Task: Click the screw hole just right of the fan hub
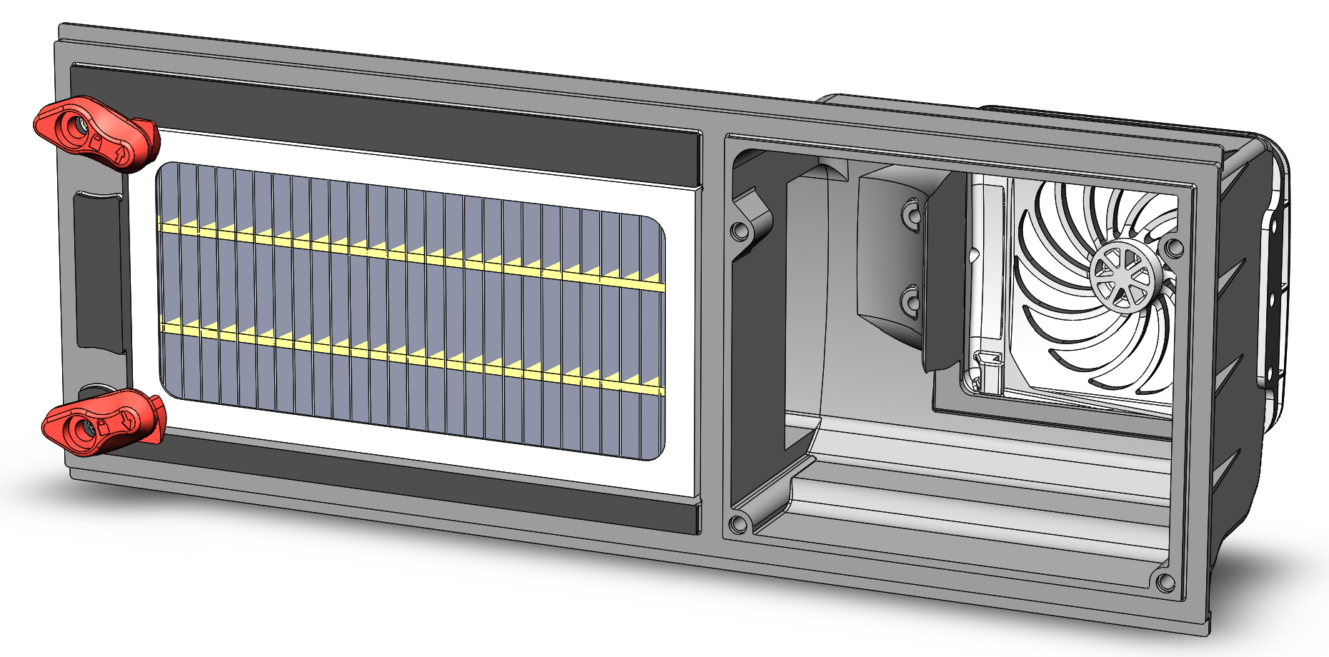(1173, 248)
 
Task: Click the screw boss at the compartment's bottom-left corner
(737, 525)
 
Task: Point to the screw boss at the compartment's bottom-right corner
(1164, 582)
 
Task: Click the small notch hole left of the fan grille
(973, 253)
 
